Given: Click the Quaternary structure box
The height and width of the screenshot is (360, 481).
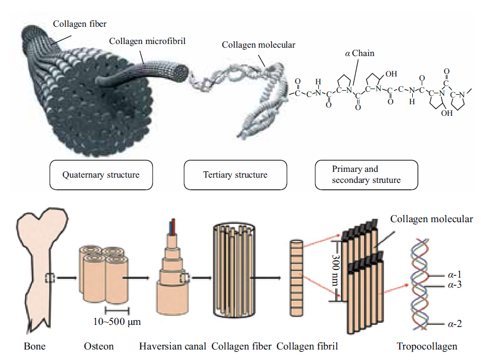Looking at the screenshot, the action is click(x=101, y=174).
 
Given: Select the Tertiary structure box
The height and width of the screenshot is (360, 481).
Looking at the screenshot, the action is click(x=236, y=174).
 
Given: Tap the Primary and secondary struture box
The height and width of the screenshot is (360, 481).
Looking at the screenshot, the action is click(x=366, y=174).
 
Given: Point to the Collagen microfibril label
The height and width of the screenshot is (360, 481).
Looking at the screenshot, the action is click(x=147, y=41).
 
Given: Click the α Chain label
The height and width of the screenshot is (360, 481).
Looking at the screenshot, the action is click(x=359, y=53).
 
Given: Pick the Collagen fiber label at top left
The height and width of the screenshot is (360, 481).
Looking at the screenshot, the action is click(x=80, y=24).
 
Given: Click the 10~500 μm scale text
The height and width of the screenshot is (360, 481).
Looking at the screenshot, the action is click(x=117, y=322).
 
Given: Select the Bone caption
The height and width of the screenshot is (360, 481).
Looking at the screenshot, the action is click(x=35, y=346).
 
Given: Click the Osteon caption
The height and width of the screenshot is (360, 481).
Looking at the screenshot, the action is click(x=99, y=346).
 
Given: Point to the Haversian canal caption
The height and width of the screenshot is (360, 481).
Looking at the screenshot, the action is click(x=173, y=346).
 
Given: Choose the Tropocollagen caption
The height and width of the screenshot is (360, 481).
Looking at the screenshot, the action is click(x=426, y=346).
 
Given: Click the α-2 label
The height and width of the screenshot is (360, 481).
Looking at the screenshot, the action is click(x=455, y=324).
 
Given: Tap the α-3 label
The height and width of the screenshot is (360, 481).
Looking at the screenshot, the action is click(x=455, y=285).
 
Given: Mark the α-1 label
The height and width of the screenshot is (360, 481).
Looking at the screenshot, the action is click(x=455, y=275).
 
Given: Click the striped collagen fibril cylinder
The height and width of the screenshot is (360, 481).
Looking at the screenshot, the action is click(x=296, y=278).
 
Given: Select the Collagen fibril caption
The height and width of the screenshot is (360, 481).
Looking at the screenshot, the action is click(x=307, y=346).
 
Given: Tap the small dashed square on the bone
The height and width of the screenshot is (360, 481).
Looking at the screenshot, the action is click(x=50, y=278).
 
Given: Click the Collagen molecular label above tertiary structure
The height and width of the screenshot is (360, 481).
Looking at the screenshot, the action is click(x=259, y=45).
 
